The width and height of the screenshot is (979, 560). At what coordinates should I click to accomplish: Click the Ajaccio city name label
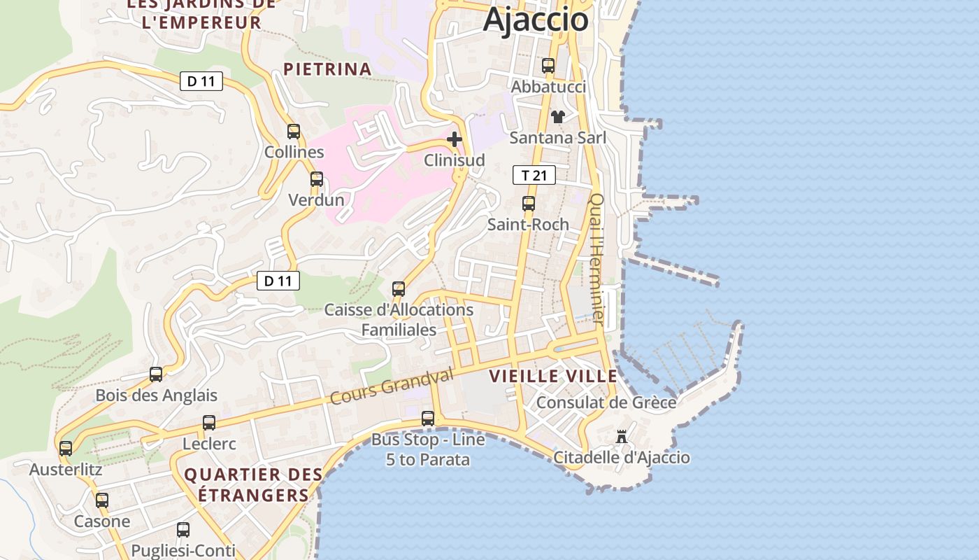click(x=536, y=19)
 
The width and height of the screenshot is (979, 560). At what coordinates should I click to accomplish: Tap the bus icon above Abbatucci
click(x=548, y=66)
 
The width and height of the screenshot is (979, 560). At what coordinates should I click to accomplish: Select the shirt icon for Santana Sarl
click(x=557, y=116)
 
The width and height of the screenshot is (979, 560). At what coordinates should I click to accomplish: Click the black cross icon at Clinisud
click(x=455, y=139)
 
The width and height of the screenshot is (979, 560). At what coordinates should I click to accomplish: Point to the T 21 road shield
click(x=534, y=175)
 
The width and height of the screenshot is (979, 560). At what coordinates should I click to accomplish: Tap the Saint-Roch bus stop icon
click(x=529, y=204)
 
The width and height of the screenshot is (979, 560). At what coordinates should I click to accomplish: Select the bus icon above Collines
click(x=294, y=131)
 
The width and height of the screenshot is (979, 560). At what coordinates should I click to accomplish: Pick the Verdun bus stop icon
click(x=317, y=179)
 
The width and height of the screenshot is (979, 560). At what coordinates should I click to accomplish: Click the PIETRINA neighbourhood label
click(x=327, y=69)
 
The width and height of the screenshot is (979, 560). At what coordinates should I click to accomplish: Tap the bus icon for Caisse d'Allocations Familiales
click(x=399, y=288)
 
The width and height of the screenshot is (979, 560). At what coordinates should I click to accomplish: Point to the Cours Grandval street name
click(x=392, y=387)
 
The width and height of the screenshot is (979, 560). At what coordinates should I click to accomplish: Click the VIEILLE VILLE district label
click(x=553, y=376)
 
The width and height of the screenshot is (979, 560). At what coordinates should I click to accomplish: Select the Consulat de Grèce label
click(x=606, y=402)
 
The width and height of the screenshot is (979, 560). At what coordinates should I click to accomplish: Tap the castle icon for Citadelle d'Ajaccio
click(x=621, y=437)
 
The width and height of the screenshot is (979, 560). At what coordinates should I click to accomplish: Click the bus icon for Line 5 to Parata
click(x=428, y=419)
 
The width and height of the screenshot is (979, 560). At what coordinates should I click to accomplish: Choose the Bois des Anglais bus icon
click(x=156, y=374)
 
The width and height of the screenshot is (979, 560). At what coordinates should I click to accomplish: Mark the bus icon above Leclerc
click(x=209, y=423)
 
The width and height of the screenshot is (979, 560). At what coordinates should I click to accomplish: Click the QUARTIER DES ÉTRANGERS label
click(x=253, y=484)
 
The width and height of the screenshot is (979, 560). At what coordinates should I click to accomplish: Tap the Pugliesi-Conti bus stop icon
click(x=183, y=530)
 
